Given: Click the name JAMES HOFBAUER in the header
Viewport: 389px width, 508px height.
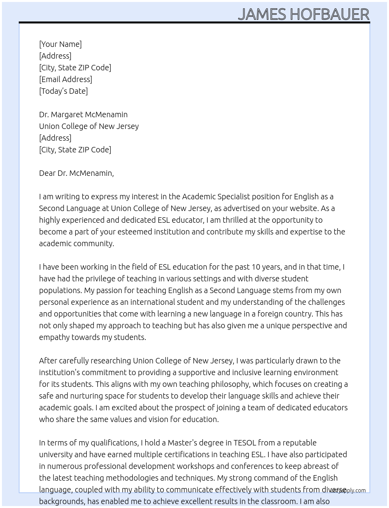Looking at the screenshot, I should [x=303, y=14].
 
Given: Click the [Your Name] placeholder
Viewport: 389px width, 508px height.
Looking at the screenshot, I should [x=61, y=44].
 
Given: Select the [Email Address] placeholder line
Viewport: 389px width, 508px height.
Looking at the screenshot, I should [x=66, y=79].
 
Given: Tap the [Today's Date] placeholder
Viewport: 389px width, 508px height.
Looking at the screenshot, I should [x=63, y=91].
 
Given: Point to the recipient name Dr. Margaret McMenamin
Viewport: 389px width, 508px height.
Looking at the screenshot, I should [x=83, y=114].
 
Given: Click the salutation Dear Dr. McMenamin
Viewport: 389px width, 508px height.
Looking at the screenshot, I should [x=76, y=173].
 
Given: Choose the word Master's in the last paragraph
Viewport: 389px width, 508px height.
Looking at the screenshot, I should [x=182, y=443].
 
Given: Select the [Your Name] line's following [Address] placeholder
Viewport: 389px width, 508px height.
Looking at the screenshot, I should [x=55, y=56].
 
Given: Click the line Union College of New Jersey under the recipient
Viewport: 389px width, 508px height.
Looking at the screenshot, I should [x=89, y=126].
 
